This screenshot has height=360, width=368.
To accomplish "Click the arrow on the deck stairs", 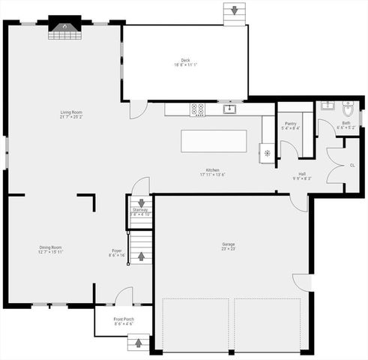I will pos(235,10).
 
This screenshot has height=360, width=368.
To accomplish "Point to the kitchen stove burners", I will pos(198,109).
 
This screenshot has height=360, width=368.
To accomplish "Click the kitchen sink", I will pos(230,109).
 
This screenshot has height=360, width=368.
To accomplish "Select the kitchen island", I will pos(214,141).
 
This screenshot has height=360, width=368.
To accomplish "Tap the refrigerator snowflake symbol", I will pos(268,153).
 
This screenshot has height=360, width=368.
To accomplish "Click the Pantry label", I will pos(290,125).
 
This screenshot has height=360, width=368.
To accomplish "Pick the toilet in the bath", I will pos(348,107).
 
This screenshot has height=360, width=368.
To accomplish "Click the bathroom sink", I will pos(328,106).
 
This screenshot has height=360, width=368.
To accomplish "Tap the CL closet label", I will pos(352,164).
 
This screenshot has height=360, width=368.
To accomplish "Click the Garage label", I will pos(229,246).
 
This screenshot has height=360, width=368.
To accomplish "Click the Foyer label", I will pos(117,252).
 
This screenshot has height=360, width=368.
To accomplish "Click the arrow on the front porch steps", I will pos(138,343).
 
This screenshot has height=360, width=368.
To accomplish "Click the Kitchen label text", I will pos(213,172).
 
